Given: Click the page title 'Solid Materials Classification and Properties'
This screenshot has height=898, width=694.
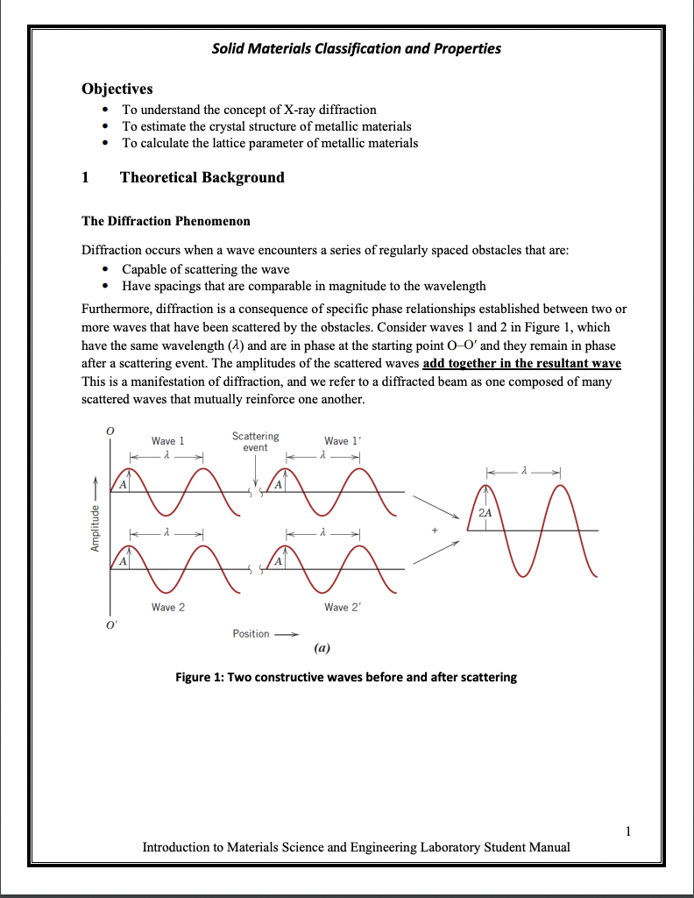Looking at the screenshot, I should point(357,48).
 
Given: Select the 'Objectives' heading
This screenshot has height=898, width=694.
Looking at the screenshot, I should point(117,89).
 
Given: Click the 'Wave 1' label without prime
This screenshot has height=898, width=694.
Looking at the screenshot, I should point(167,441).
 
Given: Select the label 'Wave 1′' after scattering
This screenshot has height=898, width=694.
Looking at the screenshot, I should point(342,441).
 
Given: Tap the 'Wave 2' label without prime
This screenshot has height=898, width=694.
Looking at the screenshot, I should point(167,607).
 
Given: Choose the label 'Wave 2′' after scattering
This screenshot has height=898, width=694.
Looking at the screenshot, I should point(342,607).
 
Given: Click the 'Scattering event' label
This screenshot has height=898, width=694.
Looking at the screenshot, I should point(255,441).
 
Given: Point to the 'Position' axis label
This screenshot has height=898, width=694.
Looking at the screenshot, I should point(251,634).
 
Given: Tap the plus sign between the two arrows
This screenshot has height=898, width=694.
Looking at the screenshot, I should point(434,531).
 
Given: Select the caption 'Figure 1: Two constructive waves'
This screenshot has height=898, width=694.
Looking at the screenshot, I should point(346,677).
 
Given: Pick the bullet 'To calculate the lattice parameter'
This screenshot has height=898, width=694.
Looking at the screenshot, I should point(269,143).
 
